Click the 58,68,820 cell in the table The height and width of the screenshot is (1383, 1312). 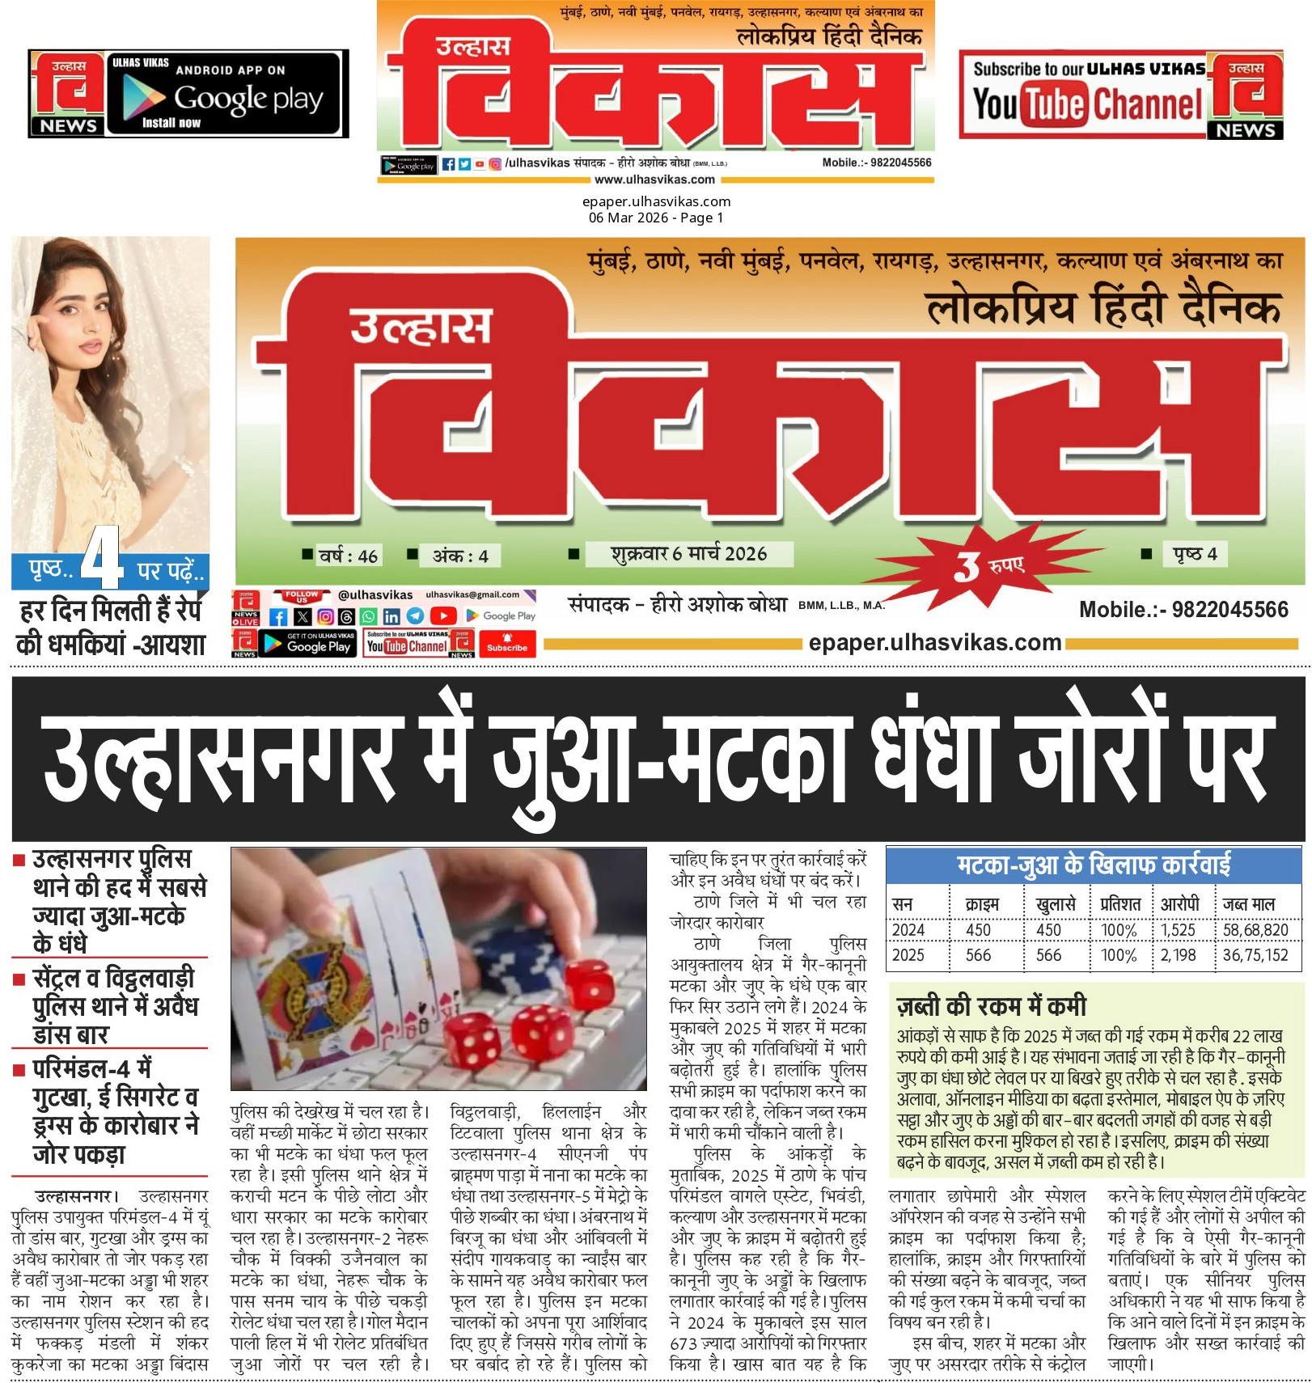pyautogui.click(x=1255, y=930)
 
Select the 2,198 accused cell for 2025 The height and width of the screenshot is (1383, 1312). pyautogui.click(x=1178, y=955)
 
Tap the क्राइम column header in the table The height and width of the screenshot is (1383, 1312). pyautogui.click(x=981, y=903)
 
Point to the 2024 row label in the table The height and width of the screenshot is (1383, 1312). pyautogui.click(x=908, y=930)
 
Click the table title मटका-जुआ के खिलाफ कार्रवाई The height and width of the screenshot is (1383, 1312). pyautogui.click(x=1093, y=865)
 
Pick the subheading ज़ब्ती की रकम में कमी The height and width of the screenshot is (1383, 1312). pyautogui.click(x=992, y=1005)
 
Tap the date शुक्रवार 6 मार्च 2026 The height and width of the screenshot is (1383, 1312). pyautogui.click(x=688, y=554)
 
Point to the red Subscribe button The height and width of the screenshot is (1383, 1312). pyautogui.click(x=507, y=644)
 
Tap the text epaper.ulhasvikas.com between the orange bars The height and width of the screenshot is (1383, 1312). pyautogui.click(x=934, y=643)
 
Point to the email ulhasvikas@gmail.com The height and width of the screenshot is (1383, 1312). pyautogui.click(x=472, y=594)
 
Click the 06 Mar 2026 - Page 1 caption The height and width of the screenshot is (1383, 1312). pyautogui.click(x=656, y=218)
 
